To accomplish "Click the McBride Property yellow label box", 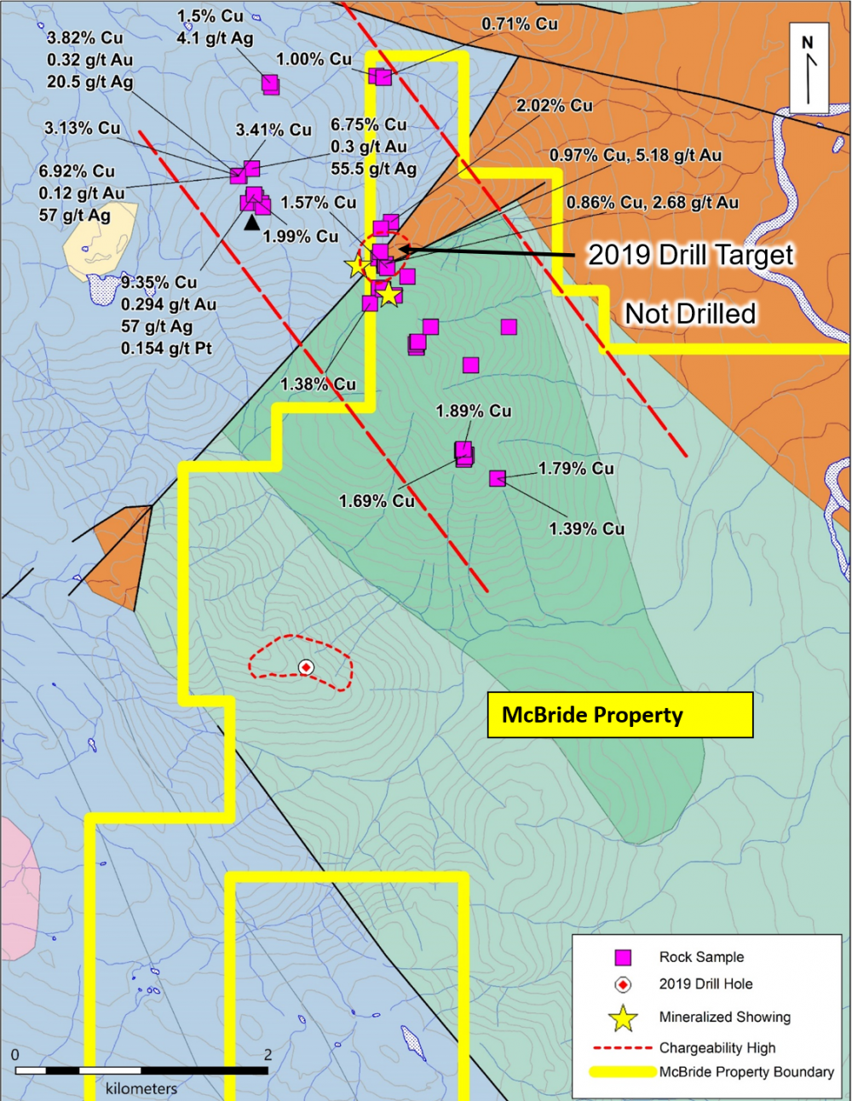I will coord(619,715).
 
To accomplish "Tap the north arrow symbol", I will coord(809,69).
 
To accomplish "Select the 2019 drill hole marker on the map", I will coord(306,667).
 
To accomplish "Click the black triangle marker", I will coord(251,223).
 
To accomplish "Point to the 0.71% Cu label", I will coord(520,24).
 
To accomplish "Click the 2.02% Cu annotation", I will coord(554,106).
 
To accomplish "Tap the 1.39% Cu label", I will coord(586,528).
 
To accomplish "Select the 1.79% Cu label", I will coord(576,469).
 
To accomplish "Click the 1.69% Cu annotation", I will coord(377,501).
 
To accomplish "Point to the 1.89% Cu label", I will coord(474,411).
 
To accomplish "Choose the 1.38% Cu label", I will coord(318,384).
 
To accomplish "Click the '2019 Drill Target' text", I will coord(690,255).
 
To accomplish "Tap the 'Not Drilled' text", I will coord(690,314).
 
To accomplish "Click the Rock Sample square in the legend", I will coord(624,957).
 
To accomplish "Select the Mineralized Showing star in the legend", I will coord(624,1017).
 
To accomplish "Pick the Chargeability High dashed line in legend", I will coord(622,1047).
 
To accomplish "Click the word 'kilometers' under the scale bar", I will coord(141,1088).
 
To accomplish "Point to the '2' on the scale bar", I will coord(268,1055).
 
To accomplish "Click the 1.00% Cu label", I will coord(314,60).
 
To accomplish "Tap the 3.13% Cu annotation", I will coord(83,129).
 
